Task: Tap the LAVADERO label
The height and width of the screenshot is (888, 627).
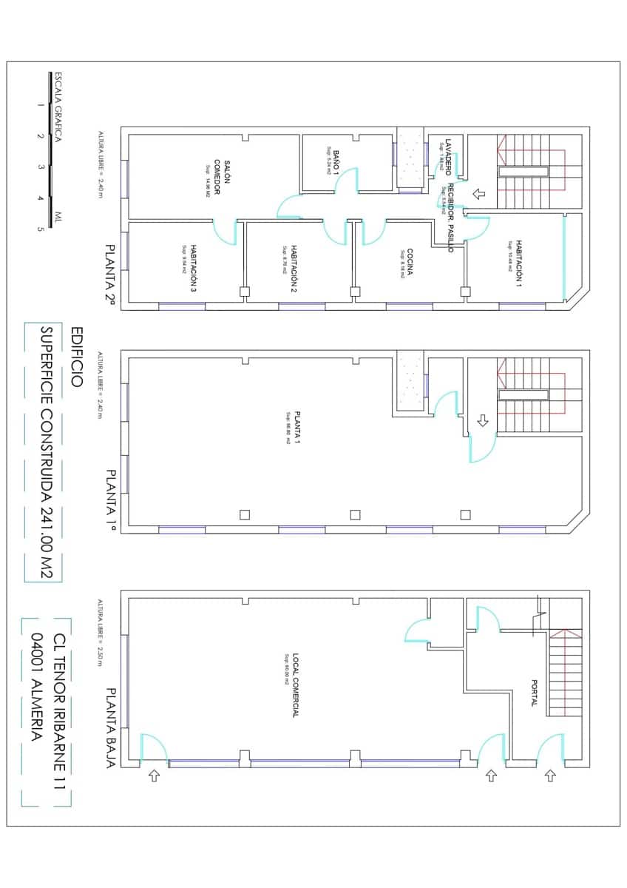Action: coord(447,155)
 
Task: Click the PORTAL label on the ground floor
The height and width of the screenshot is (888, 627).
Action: coord(533,693)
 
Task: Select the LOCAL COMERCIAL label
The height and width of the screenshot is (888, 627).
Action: coord(294,685)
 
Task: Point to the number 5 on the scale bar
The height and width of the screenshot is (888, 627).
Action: coord(40,229)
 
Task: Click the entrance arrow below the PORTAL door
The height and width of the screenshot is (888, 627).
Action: coord(549,776)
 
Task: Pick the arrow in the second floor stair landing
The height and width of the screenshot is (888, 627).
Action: coord(478,194)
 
